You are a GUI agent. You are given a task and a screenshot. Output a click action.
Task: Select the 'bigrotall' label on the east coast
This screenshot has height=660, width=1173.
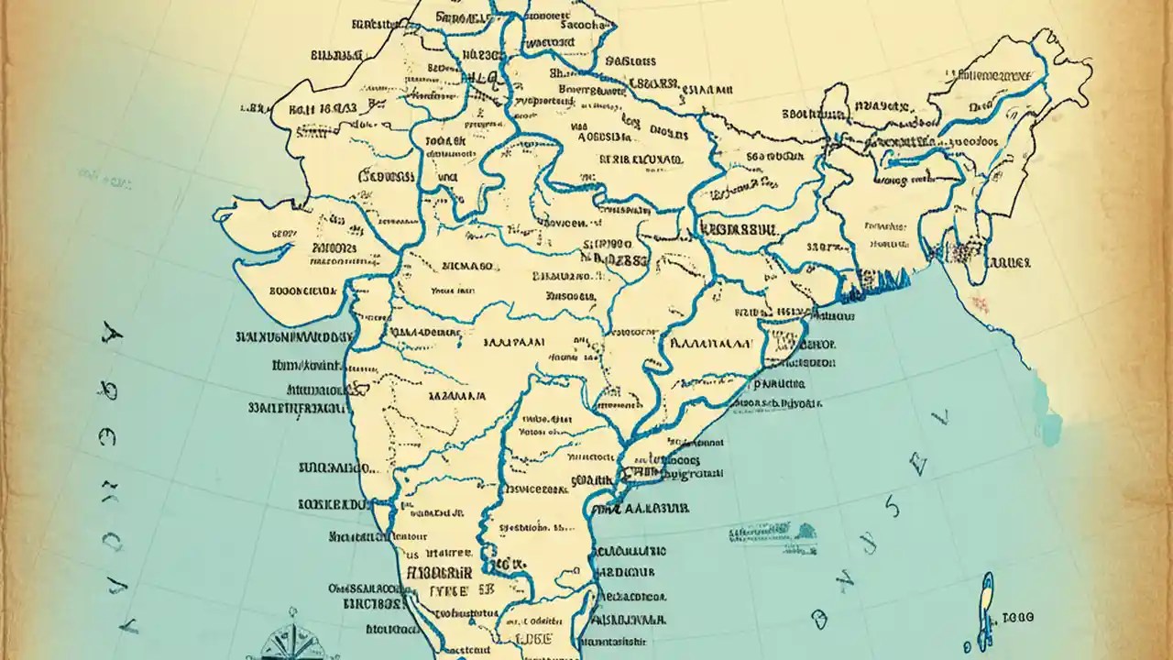685,475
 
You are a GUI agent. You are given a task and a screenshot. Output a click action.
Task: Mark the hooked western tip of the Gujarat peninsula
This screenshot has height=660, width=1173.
220,217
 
